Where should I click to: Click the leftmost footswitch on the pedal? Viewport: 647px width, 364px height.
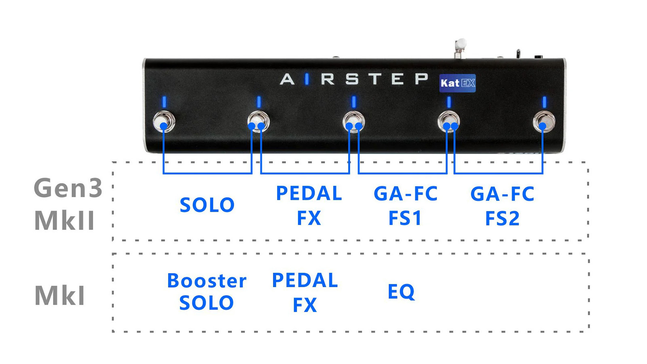tap(164, 121)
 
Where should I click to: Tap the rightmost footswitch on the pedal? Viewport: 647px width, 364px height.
tap(544, 121)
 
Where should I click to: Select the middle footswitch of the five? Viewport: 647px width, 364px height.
tap(354, 121)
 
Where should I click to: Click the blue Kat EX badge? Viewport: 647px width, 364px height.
tap(457, 83)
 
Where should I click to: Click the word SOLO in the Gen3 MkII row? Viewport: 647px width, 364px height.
tap(207, 205)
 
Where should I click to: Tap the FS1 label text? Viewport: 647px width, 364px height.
tap(405, 218)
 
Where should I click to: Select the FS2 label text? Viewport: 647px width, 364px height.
tap(502, 218)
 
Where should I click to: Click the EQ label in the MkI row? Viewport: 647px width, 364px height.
tap(401, 292)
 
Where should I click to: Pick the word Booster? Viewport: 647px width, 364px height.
tap(207, 280)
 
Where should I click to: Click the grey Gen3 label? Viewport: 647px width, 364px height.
tap(68, 187)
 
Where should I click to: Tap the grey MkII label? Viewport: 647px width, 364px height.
tap(64, 220)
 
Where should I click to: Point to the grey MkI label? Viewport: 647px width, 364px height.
tap(59, 295)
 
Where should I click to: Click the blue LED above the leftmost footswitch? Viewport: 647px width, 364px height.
tap(164, 102)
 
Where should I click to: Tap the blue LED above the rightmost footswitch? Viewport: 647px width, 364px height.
tap(544, 102)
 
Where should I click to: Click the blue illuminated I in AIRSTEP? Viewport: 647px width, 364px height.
tap(307, 79)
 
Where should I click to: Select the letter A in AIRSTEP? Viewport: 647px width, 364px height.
tap(287, 79)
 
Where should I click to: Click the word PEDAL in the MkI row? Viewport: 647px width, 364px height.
tap(305, 280)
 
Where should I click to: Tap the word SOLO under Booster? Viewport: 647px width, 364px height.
tap(206, 303)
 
